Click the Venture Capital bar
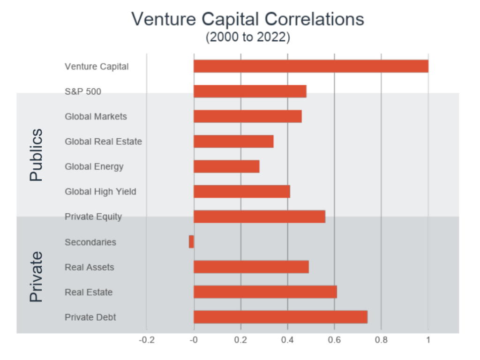[x=311, y=66]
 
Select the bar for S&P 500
[x=250, y=91]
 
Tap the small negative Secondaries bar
[x=191, y=242]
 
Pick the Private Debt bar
[x=280, y=317]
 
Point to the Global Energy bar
[x=226, y=166]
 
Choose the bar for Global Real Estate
[x=233, y=141]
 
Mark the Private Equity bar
[x=259, y=217]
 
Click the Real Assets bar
[x=251, y=267]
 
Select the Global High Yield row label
[x=100, y=191]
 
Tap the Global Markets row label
[x=96, y=116]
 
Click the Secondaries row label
[x=90, y=242]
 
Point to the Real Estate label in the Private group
[x=89, y=292]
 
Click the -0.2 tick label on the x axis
[x=146, y=340]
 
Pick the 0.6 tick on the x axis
[x=334, y=340]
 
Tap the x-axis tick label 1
[x=428, y=340]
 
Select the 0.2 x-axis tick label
[x=240, y=340]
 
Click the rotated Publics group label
[x=36, y=155]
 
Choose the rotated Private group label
[x=36, y=277]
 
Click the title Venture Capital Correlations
[x=247, y=19]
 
